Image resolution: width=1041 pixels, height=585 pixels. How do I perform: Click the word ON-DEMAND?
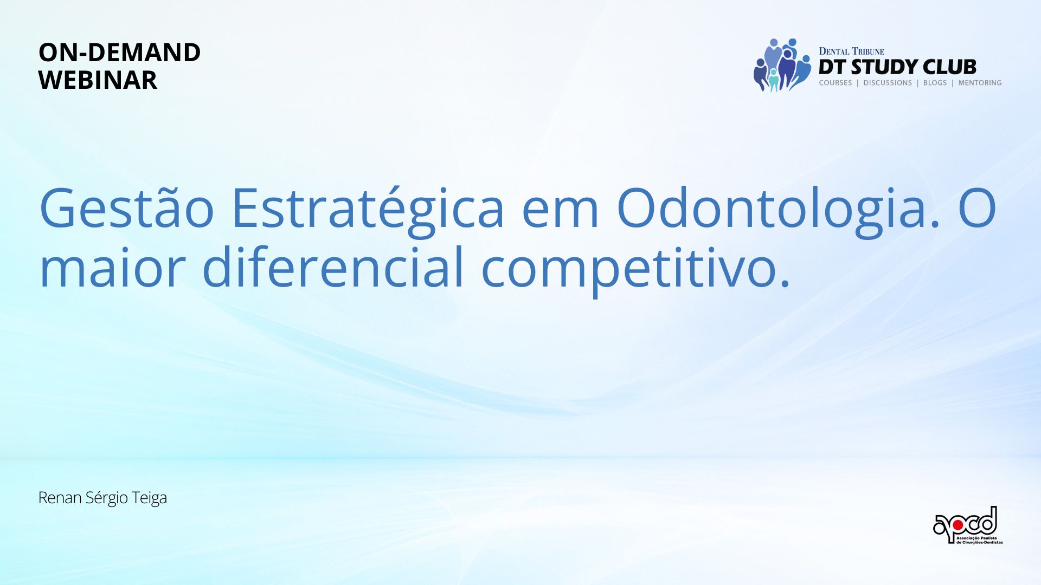[119, 53]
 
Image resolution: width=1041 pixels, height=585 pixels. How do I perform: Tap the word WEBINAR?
[98, 80]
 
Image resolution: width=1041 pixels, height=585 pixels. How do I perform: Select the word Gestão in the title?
[127, 208]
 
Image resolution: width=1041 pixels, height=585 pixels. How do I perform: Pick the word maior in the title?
[113, 266]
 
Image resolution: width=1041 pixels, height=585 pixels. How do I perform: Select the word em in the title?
[560, 212]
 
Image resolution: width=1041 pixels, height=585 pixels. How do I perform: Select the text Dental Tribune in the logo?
[851, 51]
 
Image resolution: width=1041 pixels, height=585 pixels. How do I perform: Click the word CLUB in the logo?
[949, 67]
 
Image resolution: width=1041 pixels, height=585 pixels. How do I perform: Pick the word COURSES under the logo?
[836, 83]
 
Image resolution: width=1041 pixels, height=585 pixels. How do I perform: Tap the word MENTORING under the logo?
[980, 83]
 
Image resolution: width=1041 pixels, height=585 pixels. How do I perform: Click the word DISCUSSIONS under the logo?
[888, 83]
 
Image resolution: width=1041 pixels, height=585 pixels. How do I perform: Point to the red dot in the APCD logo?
[958, 525]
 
